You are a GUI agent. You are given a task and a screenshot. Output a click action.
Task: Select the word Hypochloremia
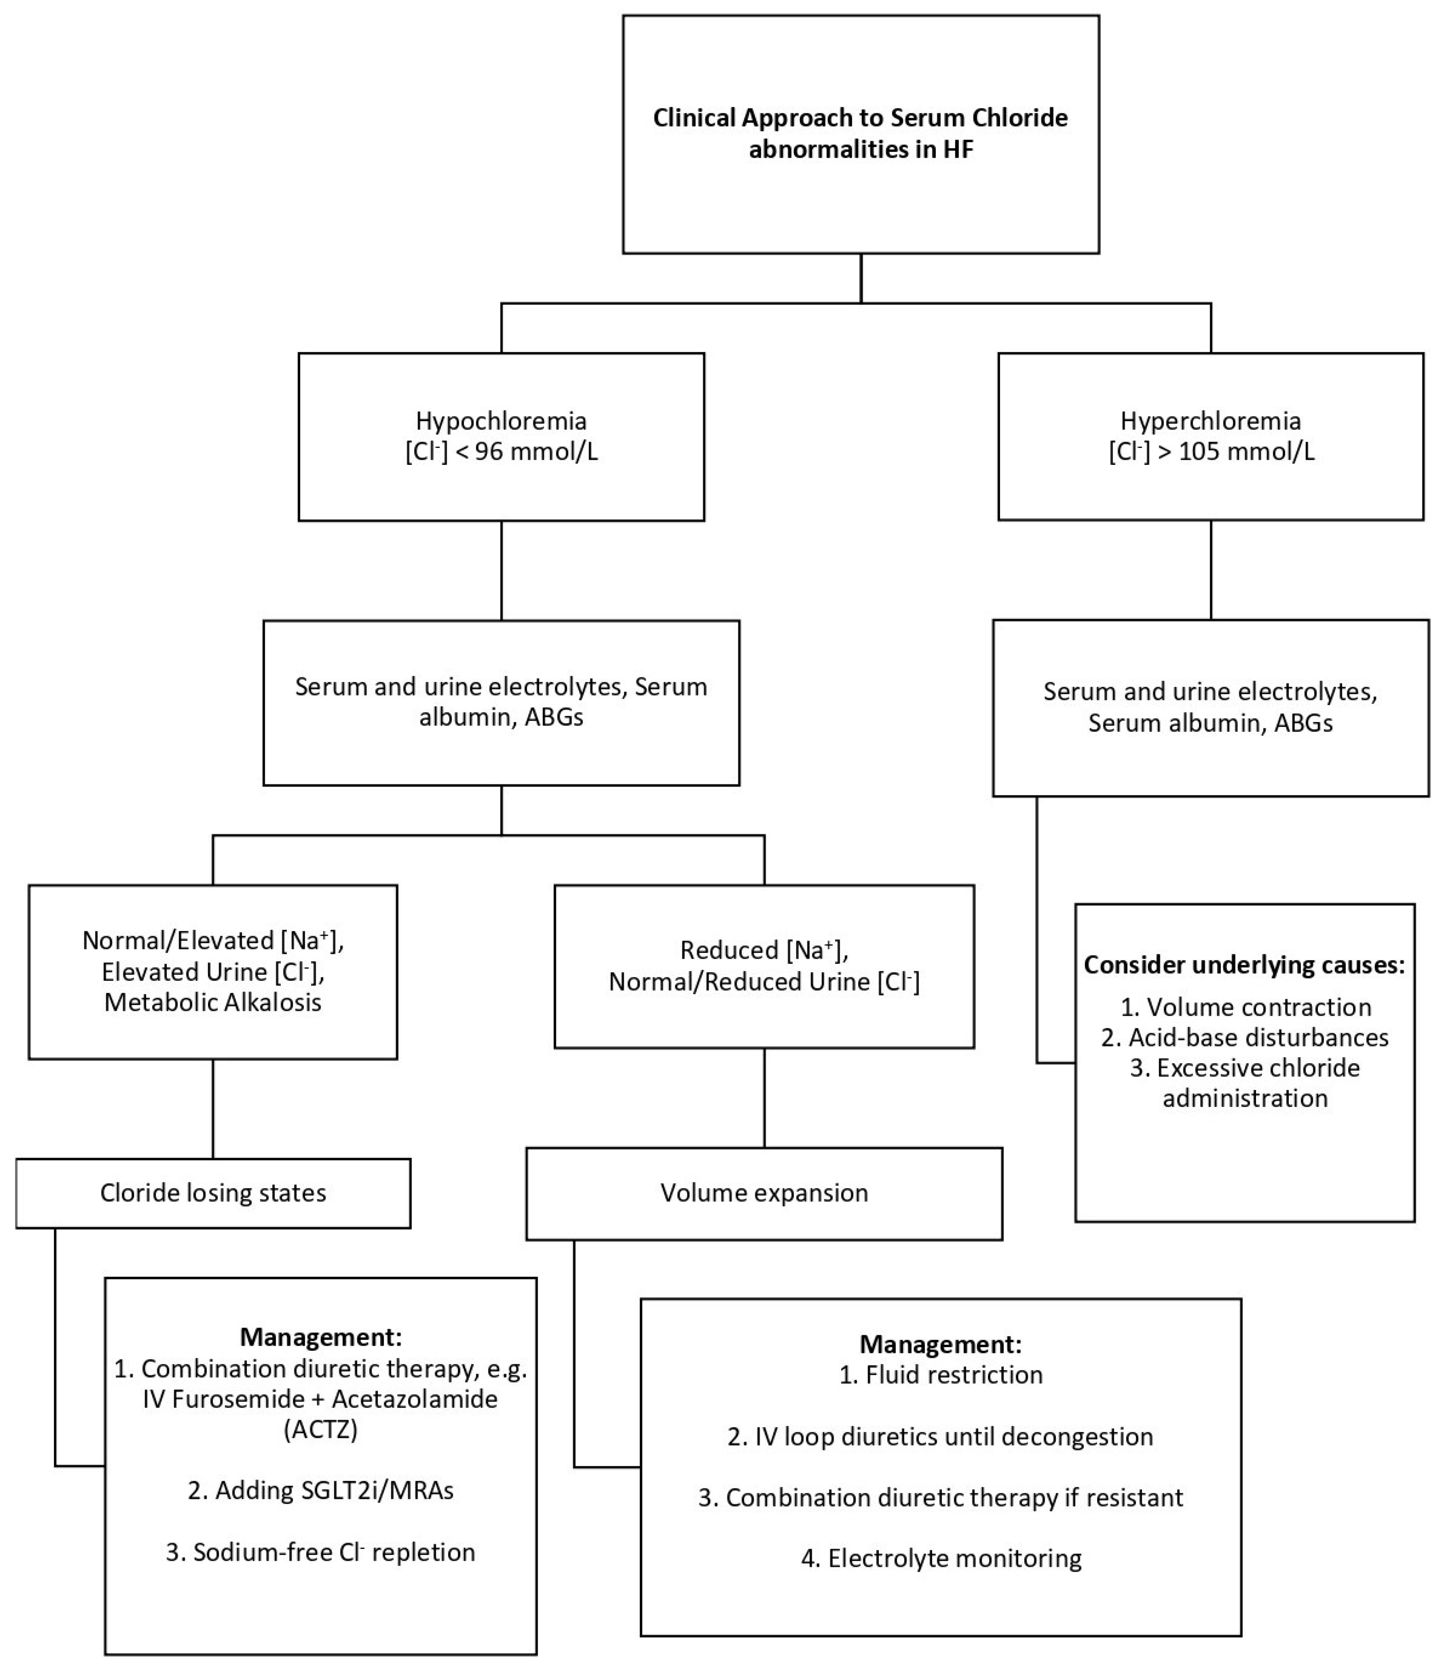pyautogui.click(x=501, y=421)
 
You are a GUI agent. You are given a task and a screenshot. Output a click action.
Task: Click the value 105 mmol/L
pyautogui.click(x=1246, y=452)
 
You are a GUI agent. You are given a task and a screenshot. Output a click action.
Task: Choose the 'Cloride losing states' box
pyautogui.click(x=213, y=1193)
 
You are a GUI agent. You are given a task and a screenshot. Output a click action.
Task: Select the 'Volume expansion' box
pyautogui.click(x=764, y=1193)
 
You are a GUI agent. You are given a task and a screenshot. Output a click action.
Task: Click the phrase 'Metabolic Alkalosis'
pyautogui.click(x=213, y=1003)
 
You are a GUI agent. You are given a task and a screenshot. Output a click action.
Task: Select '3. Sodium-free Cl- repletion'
pyautogui.click(x=320, y=1552)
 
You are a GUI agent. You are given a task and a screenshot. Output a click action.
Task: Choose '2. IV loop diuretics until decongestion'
pyautogui.click(x=940, y=1436)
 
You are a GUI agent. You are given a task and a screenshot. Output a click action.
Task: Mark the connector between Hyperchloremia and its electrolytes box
pyautogui.click(x=1211, y=569)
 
